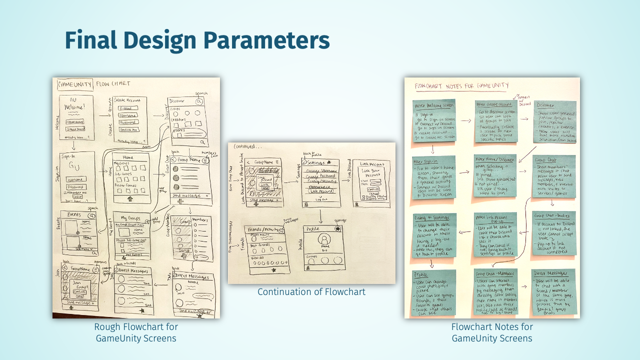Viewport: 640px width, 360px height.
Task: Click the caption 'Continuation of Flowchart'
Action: pyautogui.click(x=311, y=291)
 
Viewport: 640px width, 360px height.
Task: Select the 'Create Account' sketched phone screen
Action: pyautogui.click(x=129, y=120)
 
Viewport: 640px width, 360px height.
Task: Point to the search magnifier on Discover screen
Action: pyautogui.click(x=199, y=101)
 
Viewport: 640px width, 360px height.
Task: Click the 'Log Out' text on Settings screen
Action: pyautogui.click(x=321, y=199)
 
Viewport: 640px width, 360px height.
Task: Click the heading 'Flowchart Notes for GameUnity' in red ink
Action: pyautogui.click(x=462, y=85)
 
